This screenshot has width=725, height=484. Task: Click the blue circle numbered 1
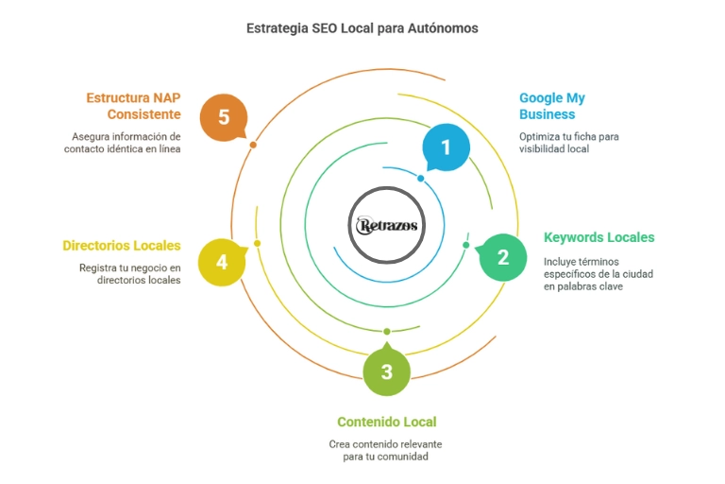click(446, 147)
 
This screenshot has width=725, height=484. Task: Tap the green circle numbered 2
click(502, 256)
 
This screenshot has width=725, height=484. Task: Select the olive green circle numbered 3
click(387, 372)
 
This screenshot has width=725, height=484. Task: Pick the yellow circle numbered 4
click(222, 261)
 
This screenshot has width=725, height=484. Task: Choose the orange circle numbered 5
click(224, 117)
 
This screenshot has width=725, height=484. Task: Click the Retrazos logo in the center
click(387, 226)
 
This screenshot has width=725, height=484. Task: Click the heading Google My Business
click(552, 106)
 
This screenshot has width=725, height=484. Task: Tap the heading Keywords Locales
click(599, 237)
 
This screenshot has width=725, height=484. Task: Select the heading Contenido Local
click(387, 422)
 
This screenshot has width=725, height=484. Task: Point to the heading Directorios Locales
click(122, 246)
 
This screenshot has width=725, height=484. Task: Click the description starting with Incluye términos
click(598, 274)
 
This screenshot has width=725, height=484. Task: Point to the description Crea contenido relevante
click(385, 450)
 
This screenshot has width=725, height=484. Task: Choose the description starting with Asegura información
click(126, 143)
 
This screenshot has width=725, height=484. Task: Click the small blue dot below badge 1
click(420, 178)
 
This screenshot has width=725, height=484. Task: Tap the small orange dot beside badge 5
click(252, 144)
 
